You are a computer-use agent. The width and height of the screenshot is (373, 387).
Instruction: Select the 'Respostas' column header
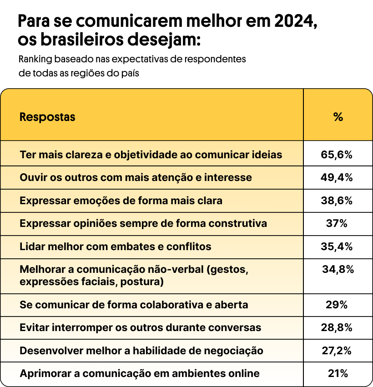[47, 117]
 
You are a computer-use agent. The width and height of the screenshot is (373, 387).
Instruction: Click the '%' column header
[338, 117]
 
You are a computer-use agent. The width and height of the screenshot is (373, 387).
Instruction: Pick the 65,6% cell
[337, 155]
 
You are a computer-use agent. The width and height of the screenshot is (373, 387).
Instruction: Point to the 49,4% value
[337, 177]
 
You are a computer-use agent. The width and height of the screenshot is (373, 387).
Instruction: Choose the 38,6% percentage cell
[337, 201]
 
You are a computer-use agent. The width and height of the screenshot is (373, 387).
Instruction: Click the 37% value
[337, 224]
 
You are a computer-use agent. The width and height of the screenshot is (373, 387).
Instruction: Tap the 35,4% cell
[337, 246]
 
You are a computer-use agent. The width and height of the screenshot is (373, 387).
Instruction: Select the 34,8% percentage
[338, 270]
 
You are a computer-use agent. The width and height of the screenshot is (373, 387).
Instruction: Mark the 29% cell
[337, 305]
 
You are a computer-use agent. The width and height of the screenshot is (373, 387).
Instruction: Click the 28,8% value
[337, 327]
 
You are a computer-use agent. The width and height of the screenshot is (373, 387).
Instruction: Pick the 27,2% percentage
[337, 351]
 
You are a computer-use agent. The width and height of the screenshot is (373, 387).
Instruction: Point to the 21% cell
[338, 374]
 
